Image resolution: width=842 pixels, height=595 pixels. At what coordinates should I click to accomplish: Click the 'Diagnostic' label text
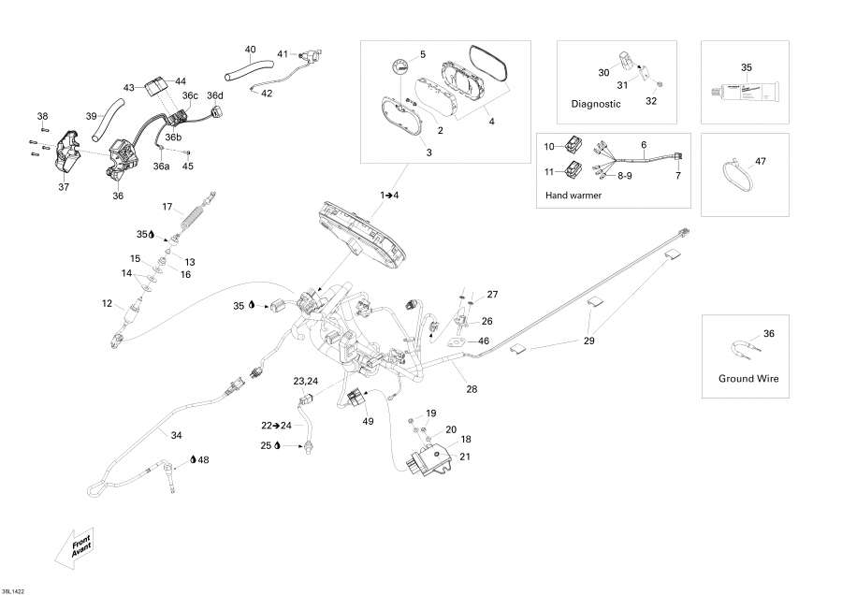click(596, 105)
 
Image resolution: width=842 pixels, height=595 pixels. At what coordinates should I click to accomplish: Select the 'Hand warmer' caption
click(573, 196)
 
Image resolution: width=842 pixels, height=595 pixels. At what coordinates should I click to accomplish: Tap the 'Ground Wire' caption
click(748, 379)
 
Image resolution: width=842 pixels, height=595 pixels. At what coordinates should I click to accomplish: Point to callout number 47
click(760, 162)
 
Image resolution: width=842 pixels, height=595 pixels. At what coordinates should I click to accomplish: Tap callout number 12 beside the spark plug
click(107, 303)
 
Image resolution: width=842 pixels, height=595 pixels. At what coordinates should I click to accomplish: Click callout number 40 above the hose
click(250, 49)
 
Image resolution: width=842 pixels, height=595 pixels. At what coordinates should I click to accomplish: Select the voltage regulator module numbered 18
click(433, 459)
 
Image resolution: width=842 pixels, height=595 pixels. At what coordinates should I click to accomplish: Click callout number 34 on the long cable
click(176, 435)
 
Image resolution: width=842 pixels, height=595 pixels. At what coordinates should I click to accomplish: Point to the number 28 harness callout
click(471, 388)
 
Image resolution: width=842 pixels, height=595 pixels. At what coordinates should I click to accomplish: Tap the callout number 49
click(368, 422)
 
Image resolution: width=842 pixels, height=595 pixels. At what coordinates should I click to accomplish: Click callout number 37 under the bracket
click(64, 186)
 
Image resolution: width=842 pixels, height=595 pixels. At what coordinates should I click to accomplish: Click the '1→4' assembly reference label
click(388, 195)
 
